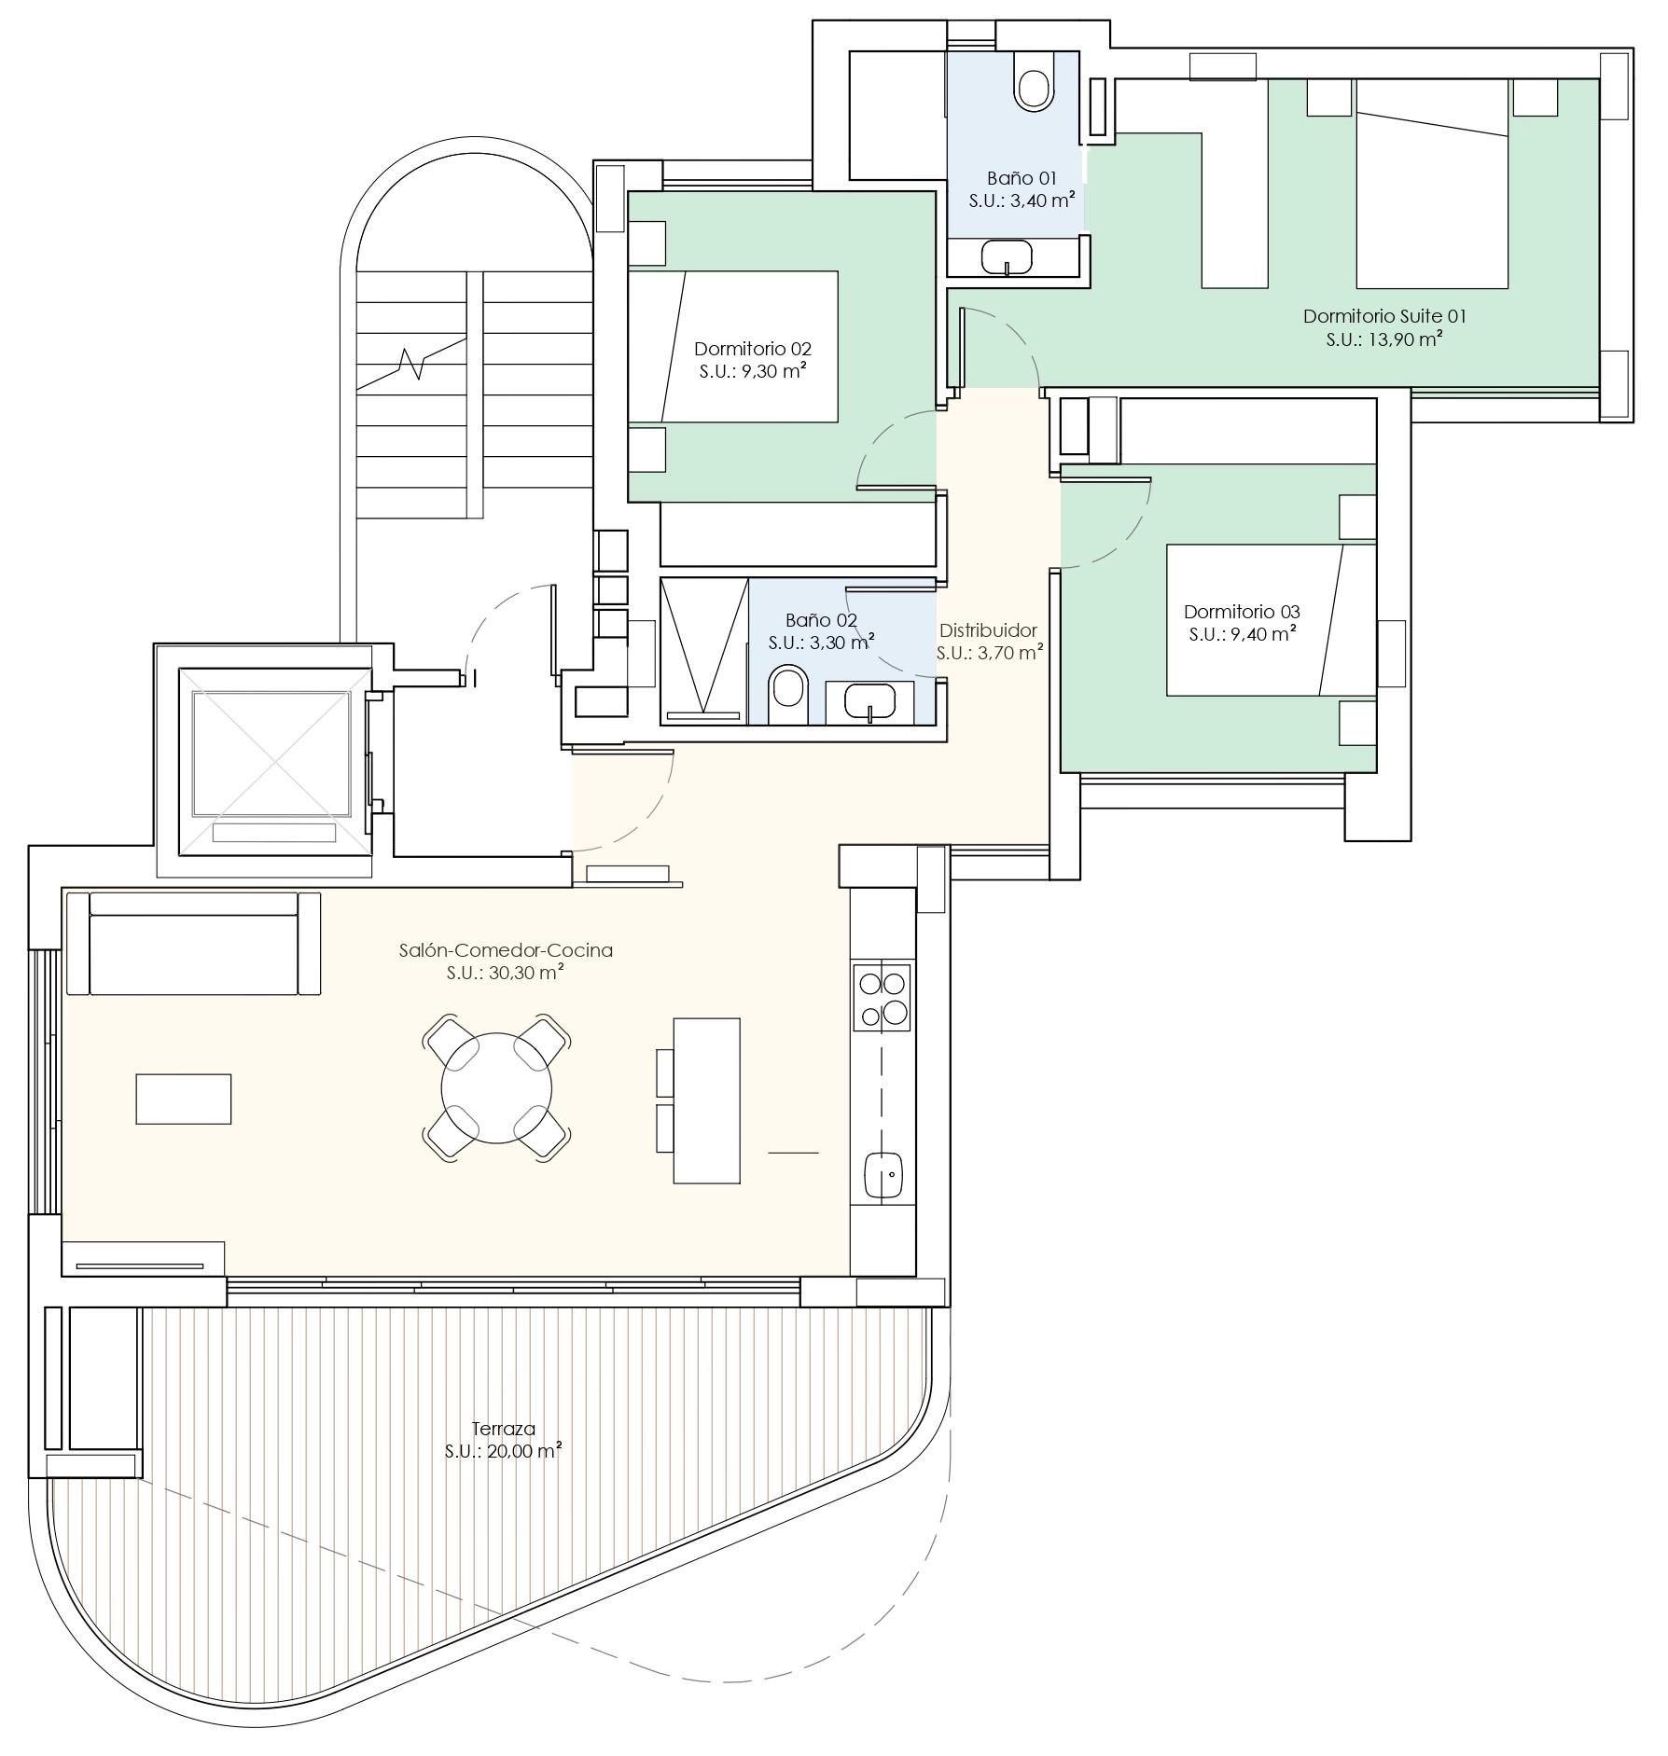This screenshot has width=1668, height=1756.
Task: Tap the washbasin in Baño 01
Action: click(x=1007, y=257)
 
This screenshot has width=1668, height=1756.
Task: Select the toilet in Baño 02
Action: click(x=789, y=694)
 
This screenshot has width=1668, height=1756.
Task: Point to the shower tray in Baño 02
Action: click(x=703, y=650)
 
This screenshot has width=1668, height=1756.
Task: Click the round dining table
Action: click(x=496, y=1088)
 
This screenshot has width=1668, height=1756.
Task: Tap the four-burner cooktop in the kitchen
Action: click(x=882, y=998)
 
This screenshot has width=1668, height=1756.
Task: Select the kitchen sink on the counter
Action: click(x=883, y=1176)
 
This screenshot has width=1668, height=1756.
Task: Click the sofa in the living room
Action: click(x=205, y=943)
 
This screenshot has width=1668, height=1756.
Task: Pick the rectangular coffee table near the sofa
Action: click(x=184, y=1099)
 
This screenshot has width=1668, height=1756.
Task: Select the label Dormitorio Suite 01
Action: click(x=1384, y=316)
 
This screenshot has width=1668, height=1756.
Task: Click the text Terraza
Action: click(x=503, y=1429)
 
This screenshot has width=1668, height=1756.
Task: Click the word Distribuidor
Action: click(x=988, y=630)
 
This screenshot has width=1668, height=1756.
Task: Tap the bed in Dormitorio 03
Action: click(x=1272, y=620)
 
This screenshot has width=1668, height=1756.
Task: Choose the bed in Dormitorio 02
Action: click(x=732, y=347)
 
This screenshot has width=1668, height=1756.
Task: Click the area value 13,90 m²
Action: click(x=1407, y=339)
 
